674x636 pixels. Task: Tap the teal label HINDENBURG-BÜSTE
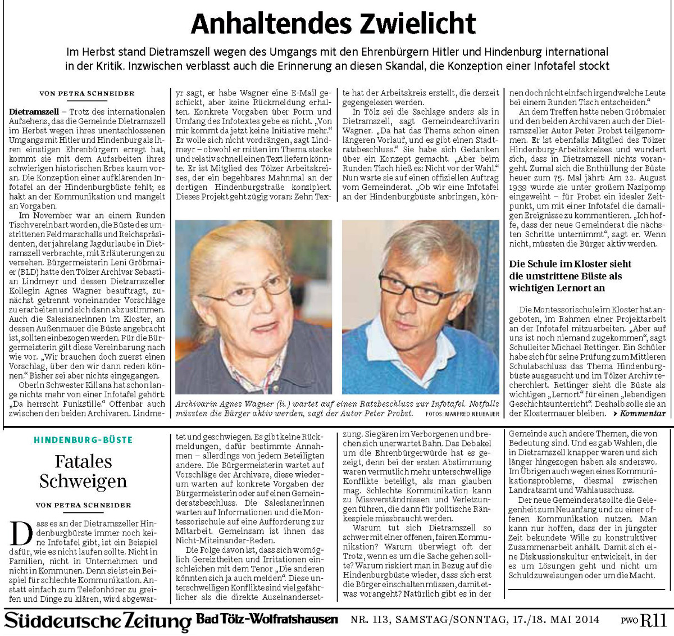tap(83, 440)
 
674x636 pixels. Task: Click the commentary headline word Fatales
tap(83, 462)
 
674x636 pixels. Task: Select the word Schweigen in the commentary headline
tap(83, 481)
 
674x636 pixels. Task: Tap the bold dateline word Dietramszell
tap(33, 112)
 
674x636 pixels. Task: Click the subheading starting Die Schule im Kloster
tap(570, 275)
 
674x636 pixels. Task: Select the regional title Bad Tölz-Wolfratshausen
tap(267, 619)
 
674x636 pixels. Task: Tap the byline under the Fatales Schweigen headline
tap(83, 505)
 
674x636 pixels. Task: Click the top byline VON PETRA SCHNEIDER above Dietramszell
tap(86, 93)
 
